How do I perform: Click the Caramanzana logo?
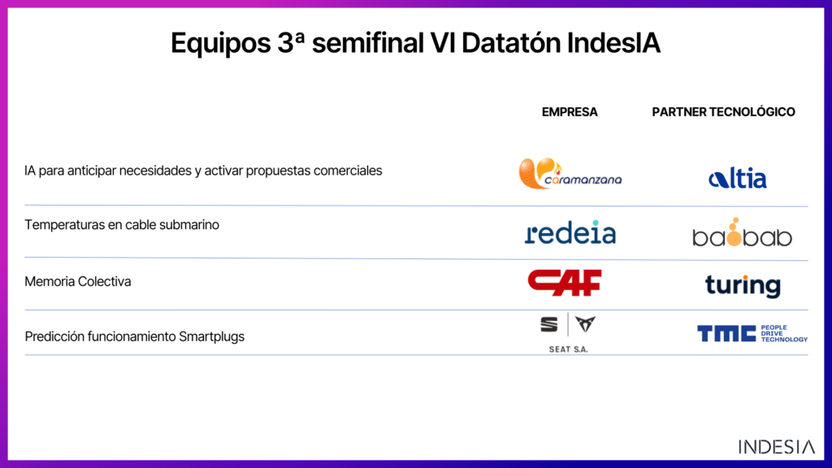570,174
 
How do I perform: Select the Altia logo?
738,178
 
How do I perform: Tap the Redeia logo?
570,232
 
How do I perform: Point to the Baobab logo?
742,232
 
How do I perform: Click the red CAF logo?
565,282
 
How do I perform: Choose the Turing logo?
743,286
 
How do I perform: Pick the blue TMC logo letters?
726,334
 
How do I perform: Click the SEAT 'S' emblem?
549,324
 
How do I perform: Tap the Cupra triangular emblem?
585,323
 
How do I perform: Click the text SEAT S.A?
568,349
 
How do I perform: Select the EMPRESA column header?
570,112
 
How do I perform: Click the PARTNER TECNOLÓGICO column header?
723,112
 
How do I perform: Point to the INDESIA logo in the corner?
776,447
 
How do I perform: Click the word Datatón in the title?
511,43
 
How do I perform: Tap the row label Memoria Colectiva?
77,281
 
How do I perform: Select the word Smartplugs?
212,337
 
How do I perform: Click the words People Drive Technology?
784,334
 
